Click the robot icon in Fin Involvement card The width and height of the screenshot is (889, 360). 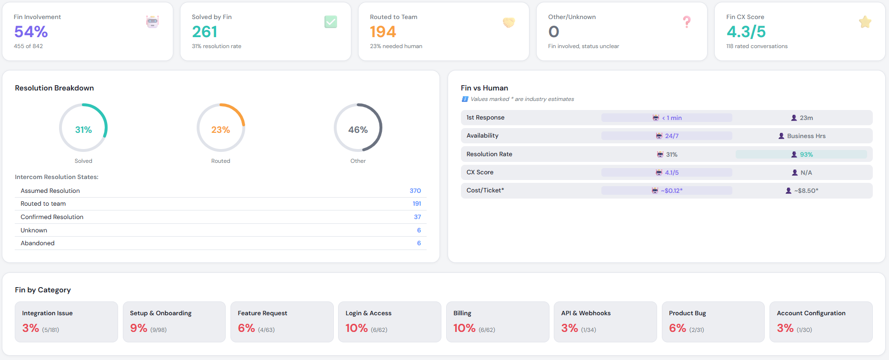click(152, 21)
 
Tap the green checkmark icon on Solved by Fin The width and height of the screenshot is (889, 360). click(330, 22)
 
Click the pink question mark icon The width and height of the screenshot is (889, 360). click(687, 22)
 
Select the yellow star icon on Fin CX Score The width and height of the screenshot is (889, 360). click(865, 22)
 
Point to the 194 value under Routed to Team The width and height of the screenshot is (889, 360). click(383, 32)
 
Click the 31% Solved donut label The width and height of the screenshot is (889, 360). click(83, 130)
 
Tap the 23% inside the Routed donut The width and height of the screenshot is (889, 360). click(220, 130)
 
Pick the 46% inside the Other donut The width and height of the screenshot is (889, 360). click(358, 130)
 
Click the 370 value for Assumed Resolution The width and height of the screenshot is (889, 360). click(415, 190)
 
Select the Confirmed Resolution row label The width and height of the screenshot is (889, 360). click(52, 217)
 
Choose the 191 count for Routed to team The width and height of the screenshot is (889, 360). click(417, 203)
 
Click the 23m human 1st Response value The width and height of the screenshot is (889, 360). click(806, 118)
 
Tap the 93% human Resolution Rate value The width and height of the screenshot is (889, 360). click(806, 154)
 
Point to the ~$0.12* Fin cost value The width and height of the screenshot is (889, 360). click(671, 190)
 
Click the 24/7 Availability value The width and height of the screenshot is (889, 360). click(671, 136)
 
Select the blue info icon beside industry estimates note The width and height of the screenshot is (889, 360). click(465, 99)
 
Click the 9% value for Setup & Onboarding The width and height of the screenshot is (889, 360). click(139, 328)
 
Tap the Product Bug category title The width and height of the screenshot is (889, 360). click(687, 313)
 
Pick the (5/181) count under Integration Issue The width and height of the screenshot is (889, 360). click(50, 330)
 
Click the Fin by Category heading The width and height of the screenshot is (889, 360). click(43, 290)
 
